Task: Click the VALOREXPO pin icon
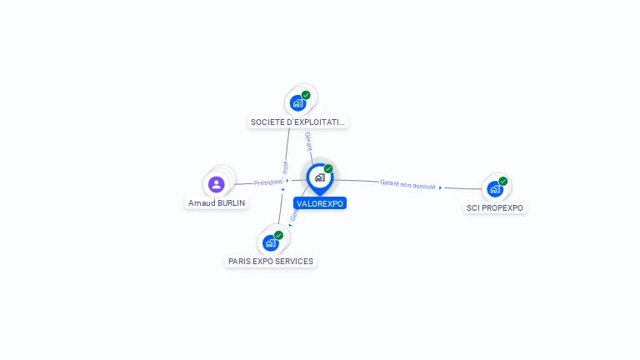click(319, 177)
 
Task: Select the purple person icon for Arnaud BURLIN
click(217, 184)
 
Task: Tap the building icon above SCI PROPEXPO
click(495, 189)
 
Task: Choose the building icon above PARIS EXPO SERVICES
click(270, 243)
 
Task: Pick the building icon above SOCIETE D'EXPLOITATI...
click(297, 103)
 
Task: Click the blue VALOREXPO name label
click(320, 203)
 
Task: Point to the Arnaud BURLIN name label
click(217, 202)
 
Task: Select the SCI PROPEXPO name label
click(496, 207)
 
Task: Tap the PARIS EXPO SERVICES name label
click(271, 261)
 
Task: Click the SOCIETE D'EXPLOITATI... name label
click(297, 122)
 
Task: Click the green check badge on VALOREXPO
click(328, 169)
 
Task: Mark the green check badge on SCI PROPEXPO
click(503, 181)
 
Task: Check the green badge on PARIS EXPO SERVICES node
click(278, 235)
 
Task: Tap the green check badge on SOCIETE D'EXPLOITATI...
click(306, 95)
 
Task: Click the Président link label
click(268, 182)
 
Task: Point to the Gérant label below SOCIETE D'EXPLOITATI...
click(308, 141)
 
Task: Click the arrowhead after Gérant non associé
click(440, 187)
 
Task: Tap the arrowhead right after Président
click(287, 180)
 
